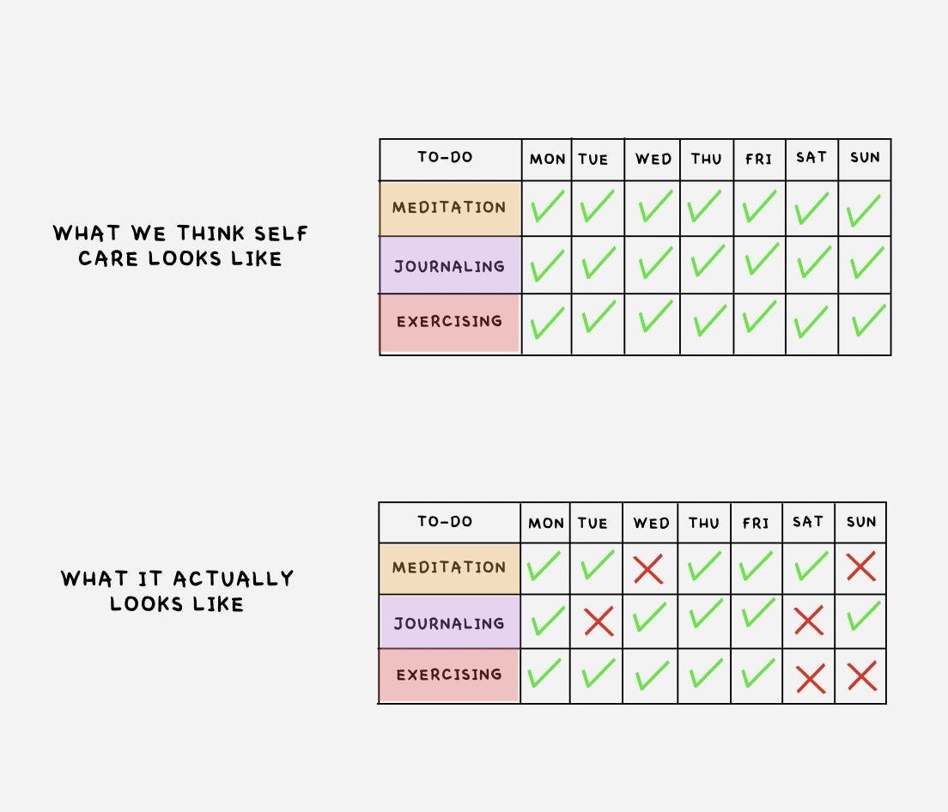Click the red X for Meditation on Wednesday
click(x=648, y=568)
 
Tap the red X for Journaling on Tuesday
click(x=599, y=621)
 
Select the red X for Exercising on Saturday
click(x=810, y=678)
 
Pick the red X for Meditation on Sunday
click(x=861, y=567)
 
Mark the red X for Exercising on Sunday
click(x=861, y=676)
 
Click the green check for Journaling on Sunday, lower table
click(x=864, y=617)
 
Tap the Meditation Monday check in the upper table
click(x=546, y=207)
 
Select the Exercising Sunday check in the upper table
click(x=867, y=321)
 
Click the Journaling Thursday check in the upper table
click(x=708, y=262)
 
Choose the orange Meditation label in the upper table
click(x=449, y=208)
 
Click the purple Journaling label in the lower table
click(x=449, y=623)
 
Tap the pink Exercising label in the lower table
click(x=449, y=675)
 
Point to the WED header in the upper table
click(x=653, y=159)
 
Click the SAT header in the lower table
click(x=808, y=522)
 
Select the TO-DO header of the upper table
click(x=445, y=157)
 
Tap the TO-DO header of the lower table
click(x=445, y=521)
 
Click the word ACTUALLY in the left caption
click(x=233, y=579)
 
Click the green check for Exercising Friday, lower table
click(x=758, y=672)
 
